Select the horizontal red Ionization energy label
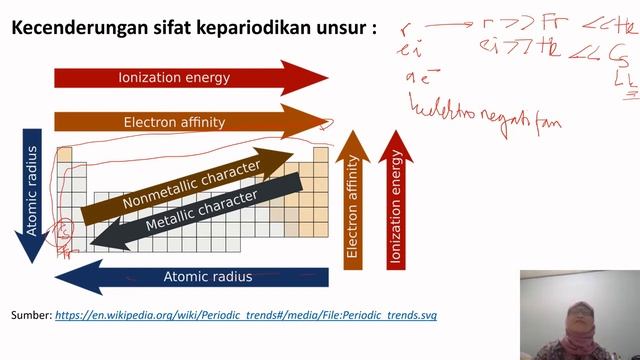click(x=174, y=77)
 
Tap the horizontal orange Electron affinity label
click(x=174, y=122)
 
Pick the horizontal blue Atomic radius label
click(x=208, y=277)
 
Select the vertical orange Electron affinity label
click(x=352, y=205)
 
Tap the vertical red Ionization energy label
click(x=396, y=205)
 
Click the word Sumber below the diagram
click(x=30, y=315)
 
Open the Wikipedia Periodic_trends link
click(x=246, y=315)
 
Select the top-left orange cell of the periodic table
click(x=64, y=155)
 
